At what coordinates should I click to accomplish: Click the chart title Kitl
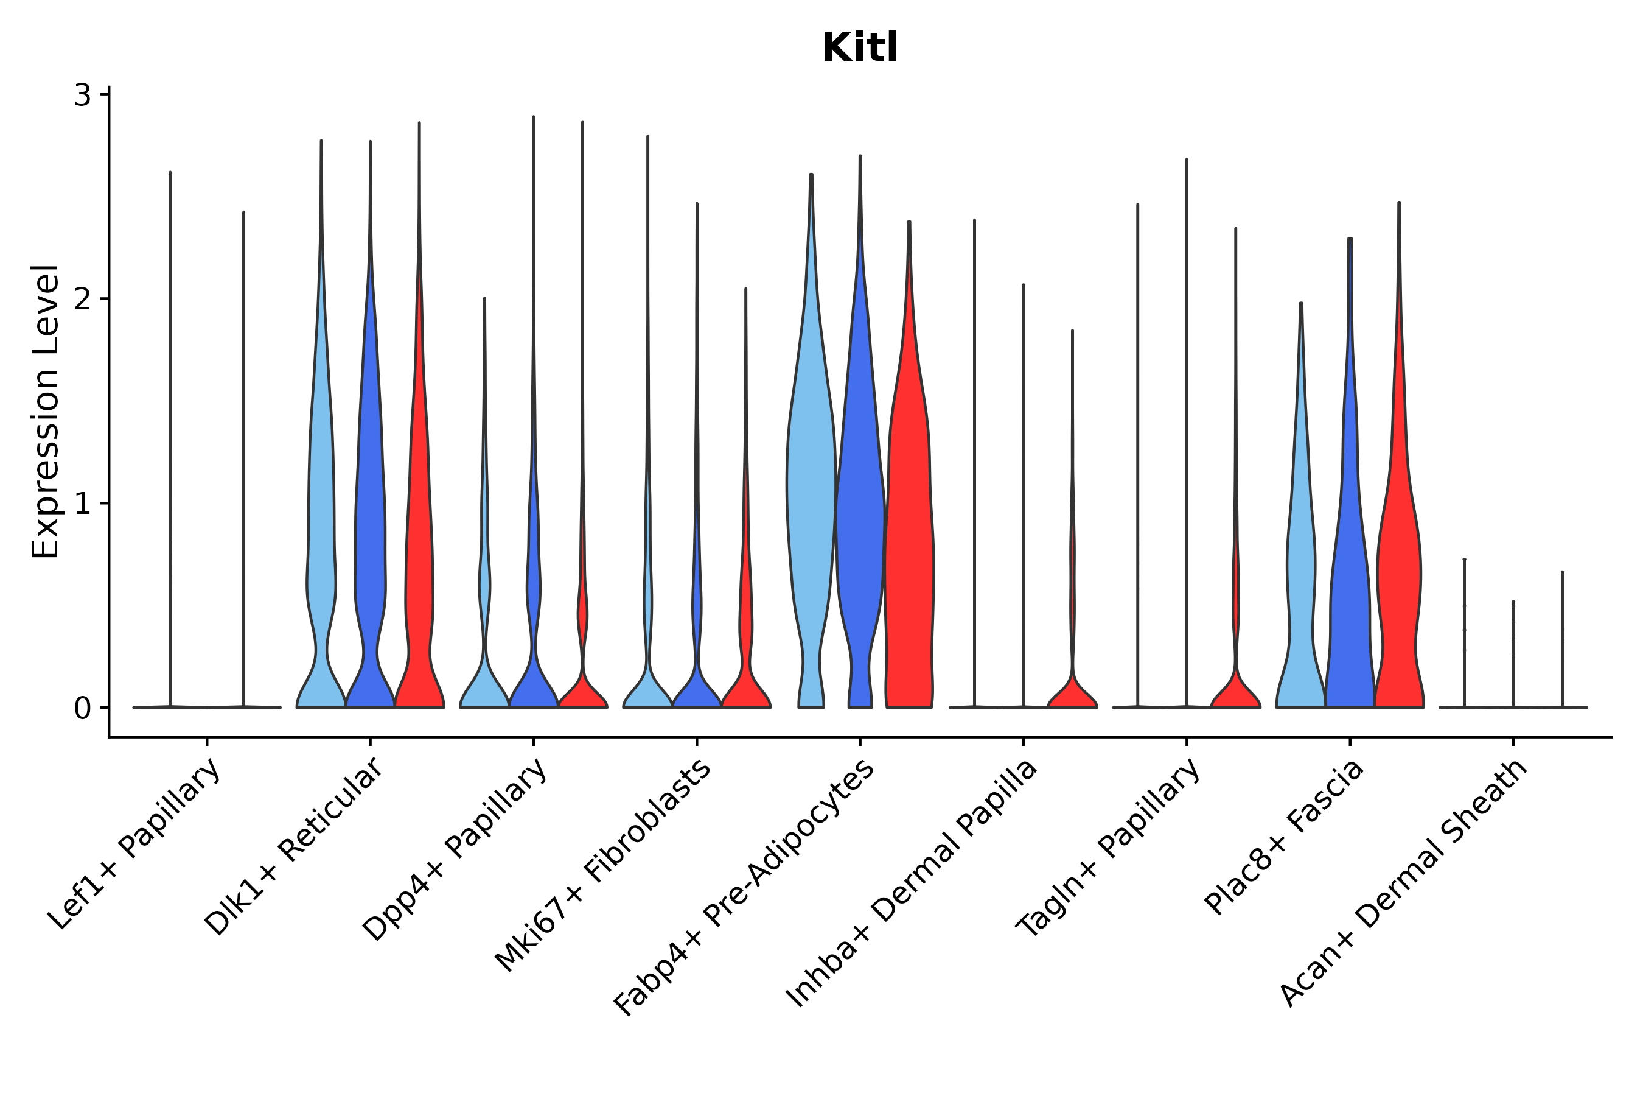click(x=859, y=48)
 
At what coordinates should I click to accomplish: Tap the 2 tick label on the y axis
click(x=82, y=299)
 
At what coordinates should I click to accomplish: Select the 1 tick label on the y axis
click(x=82, y=504)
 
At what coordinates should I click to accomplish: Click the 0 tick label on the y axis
click(x=82, y=709)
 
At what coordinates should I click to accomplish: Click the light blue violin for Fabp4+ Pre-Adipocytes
click(x=811, y=490)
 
